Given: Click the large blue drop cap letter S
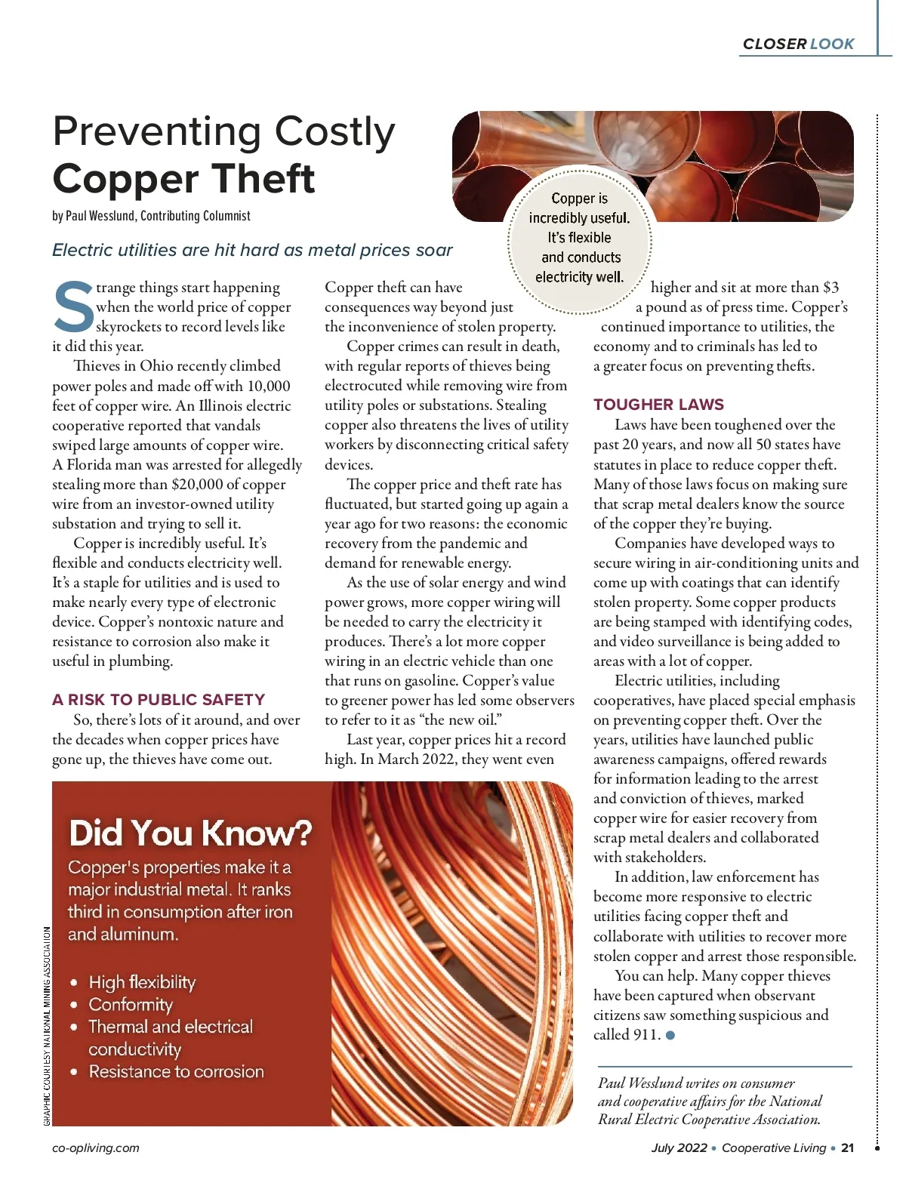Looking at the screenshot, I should (73, 307).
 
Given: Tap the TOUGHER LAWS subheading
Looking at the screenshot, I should (658, 405).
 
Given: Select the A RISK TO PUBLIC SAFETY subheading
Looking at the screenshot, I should (159, 700).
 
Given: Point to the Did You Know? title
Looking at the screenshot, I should (190, 833).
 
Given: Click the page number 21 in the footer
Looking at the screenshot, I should (847, 1147).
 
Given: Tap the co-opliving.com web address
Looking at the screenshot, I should (96, 1147).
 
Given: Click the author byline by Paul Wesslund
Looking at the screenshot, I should (151, 216).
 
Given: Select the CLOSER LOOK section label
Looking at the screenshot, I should (798, 44).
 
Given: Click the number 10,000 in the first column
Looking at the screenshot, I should (268, 386).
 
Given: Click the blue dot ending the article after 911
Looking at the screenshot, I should (670, 1035).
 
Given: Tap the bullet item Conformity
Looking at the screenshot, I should (131, 1005).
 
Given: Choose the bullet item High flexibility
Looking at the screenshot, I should (142, 982).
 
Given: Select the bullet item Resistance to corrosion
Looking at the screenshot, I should (176, 1071).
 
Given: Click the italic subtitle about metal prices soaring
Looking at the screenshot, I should (252, 250).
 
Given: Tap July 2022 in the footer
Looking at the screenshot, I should (679, 1147).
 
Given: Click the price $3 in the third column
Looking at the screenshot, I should (830, 288).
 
